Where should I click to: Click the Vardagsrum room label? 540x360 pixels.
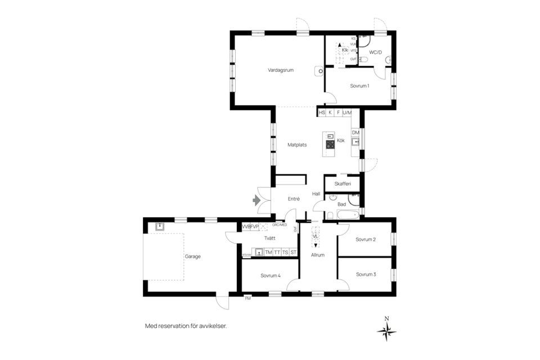(x=281, y=70)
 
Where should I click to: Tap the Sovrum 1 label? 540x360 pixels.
(x=359, y=86)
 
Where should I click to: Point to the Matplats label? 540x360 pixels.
(x=296, y=145)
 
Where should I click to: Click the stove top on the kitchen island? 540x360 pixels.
(x=330, y=145)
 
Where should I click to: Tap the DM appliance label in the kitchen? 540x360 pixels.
(x=355, y=133)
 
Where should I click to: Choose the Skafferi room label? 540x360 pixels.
(x=343, y=184)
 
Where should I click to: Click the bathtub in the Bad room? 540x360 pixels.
(x=346, y=214)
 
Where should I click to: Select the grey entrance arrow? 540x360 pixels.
(x=258, y=199)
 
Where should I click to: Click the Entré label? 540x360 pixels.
(x=294, y=199)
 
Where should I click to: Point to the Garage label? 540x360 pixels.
(x=192, y=256)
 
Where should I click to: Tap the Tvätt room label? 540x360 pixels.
(x=269, y=238)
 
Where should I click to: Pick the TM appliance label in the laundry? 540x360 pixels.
(x=268, y=253)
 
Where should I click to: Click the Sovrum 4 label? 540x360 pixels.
(x=270, y=276)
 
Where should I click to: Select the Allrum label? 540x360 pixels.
(x=318, y=255)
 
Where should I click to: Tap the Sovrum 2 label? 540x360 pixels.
(x=366, y=240)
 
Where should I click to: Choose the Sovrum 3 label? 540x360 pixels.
(x=366, y=274)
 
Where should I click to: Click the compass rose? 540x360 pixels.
(x=386, y=331)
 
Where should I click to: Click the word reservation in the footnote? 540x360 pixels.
(x=175, y=326)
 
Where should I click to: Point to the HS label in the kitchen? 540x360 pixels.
(x=322, y=113)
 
